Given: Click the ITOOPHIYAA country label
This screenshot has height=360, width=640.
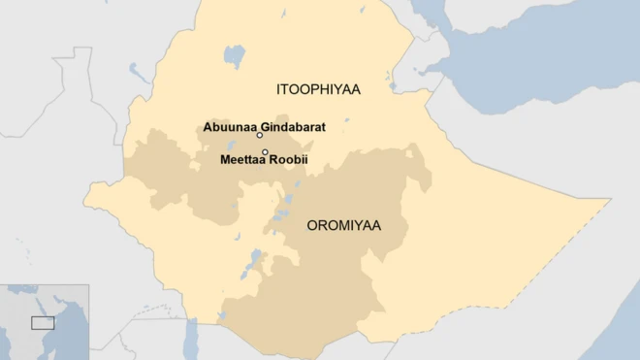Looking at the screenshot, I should click(317, 89).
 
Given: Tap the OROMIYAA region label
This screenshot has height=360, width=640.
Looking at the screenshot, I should click(343, 226).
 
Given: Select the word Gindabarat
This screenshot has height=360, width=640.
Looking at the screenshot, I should click(293, 127).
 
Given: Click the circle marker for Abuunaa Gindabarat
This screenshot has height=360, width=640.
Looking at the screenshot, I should click(260, 136).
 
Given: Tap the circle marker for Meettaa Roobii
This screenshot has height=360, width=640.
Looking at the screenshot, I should click(265, 151).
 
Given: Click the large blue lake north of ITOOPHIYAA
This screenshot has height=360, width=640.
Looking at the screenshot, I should click(234, 53).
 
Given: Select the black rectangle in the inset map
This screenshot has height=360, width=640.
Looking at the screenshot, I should click(42, 321).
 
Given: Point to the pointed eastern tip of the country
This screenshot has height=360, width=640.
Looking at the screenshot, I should click(610, 200).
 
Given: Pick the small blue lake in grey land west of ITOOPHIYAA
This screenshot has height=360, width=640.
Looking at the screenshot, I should click(136, 70).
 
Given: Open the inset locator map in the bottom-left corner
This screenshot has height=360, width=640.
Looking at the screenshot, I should click(45, 322).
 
